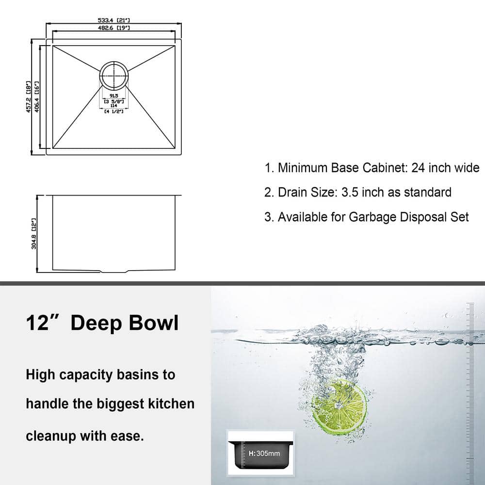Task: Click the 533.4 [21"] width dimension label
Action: point(114,20)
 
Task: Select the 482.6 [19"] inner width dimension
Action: point(114,28)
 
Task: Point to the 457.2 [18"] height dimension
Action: point(29,97)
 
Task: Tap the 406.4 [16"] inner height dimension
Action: point(36,97)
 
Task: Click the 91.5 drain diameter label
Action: point(114,96)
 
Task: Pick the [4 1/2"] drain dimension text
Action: point(114,111)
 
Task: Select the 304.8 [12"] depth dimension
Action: point(34,234)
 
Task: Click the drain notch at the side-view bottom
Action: point(114,271)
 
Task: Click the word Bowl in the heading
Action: point(154,323)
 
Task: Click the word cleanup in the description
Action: point(51,436)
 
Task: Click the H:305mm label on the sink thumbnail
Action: point(264,453)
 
